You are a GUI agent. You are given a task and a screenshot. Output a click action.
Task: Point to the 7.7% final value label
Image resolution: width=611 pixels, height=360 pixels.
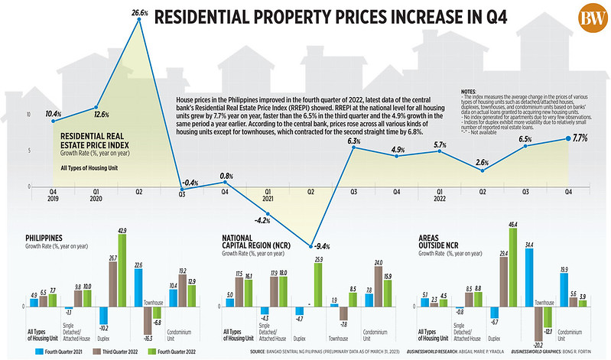[579, 138]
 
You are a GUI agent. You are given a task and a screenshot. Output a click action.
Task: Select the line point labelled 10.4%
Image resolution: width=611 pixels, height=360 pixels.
[54, 120]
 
